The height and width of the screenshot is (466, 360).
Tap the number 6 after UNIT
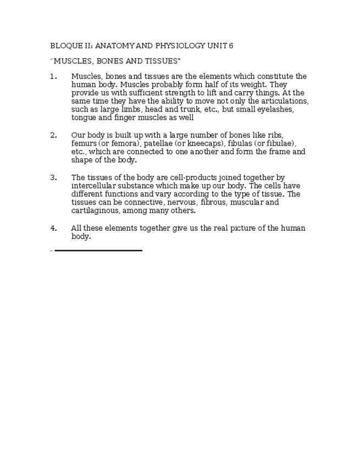coord(231,46)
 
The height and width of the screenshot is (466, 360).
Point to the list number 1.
coord(53,76)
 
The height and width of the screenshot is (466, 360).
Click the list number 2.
coord(53,135)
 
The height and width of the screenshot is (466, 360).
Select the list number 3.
coord(53,177)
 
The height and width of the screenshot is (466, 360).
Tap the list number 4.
coord(53,228)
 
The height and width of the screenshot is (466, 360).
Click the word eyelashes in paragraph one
coord(275,109)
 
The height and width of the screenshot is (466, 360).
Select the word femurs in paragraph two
coord(84,143)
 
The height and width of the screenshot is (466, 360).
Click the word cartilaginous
coord(96,210)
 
